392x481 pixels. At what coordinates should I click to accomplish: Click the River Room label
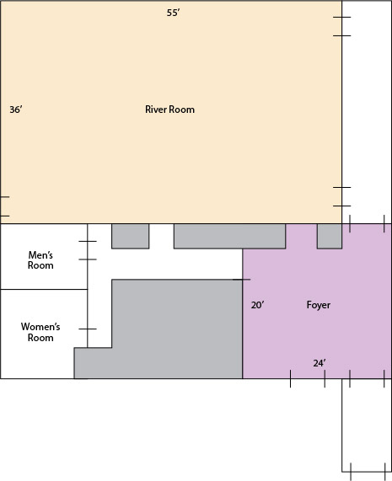(x=169, y=110)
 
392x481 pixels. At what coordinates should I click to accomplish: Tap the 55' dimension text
(x=174, y=13)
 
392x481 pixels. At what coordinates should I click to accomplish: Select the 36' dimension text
(x=16, y=110)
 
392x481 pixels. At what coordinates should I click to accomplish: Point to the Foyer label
(x=319, y=305)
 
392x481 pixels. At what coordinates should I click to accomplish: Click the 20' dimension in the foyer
(x=258, y=305)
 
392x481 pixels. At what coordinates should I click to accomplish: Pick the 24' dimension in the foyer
(x=320, y=363)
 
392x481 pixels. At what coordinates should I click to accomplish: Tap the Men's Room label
(x=40, y=260)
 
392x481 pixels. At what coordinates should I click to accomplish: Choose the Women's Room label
(x=40, y=332)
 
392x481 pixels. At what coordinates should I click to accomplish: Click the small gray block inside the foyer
(x=330, y=236)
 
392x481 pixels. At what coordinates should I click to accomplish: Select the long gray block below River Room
(x=229, y=236)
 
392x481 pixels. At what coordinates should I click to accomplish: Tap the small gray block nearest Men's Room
(x=131, y=236)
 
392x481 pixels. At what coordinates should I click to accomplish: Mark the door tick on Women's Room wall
(x=88, y=329)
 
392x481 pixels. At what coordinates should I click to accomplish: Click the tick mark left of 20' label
(x=242, y=280)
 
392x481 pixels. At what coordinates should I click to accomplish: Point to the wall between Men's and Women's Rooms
(x=44, y=289)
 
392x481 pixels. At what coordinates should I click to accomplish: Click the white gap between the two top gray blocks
(x=162, y=236)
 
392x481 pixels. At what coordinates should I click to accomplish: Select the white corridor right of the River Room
(x=367, y=112)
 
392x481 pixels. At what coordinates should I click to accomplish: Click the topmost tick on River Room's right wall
(x=342, y=17)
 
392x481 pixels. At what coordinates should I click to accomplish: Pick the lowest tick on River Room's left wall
(x=5, y=216)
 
